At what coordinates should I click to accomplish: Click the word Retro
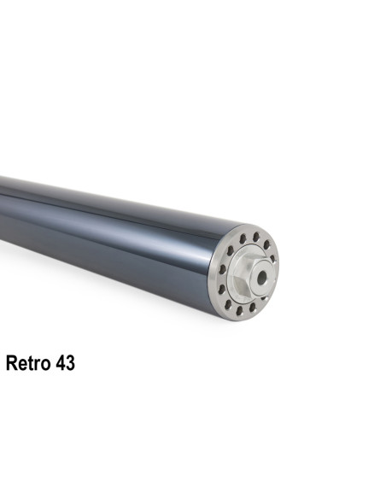coord(29,363)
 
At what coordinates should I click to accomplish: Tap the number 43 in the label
coord(64,363)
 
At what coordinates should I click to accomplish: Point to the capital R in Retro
coord(12,363)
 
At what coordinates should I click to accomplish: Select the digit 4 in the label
coord(59,363)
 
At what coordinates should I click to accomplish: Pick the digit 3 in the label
coord(69,363)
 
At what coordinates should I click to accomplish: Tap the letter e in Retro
coord(23,364)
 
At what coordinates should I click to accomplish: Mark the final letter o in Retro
coord(44,364)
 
